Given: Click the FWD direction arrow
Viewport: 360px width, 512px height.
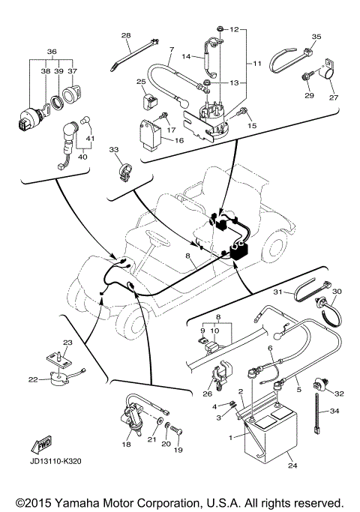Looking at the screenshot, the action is tap(41, 444).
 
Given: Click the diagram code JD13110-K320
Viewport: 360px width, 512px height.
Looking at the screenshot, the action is tap(55, 461).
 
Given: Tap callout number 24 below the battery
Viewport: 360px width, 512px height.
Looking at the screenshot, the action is tap(292, 466).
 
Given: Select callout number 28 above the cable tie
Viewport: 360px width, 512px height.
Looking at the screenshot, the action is tap(126, 35).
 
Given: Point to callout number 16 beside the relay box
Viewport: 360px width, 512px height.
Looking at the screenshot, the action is tap(179, 140).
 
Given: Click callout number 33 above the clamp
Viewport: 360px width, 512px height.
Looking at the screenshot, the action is tap(114, 149).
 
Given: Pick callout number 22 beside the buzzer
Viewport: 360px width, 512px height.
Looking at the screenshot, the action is tap(33, 379).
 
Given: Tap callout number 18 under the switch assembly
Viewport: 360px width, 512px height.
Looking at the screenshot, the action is tap(126, 444).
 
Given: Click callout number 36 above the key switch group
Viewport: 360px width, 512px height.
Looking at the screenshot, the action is tap(52, 51).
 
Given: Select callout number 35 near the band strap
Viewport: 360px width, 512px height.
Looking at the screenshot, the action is tap(316, 37).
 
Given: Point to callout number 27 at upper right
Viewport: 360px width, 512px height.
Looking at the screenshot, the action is tap(334, 97).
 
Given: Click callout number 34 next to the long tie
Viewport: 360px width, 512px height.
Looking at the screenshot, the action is tap(334, 411).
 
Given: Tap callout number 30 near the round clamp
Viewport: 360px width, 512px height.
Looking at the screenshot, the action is tap(337, 291).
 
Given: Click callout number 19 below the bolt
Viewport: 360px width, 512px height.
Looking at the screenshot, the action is tap(178, 450).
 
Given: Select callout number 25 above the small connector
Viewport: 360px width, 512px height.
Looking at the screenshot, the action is tap(141, 81).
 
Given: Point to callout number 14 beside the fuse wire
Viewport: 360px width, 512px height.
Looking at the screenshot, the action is tap(186, 56).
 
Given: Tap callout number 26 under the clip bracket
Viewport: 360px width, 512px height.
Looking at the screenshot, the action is tap(208, 394).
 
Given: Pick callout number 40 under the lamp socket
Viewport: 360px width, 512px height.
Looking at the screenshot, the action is tap(83, 157).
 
